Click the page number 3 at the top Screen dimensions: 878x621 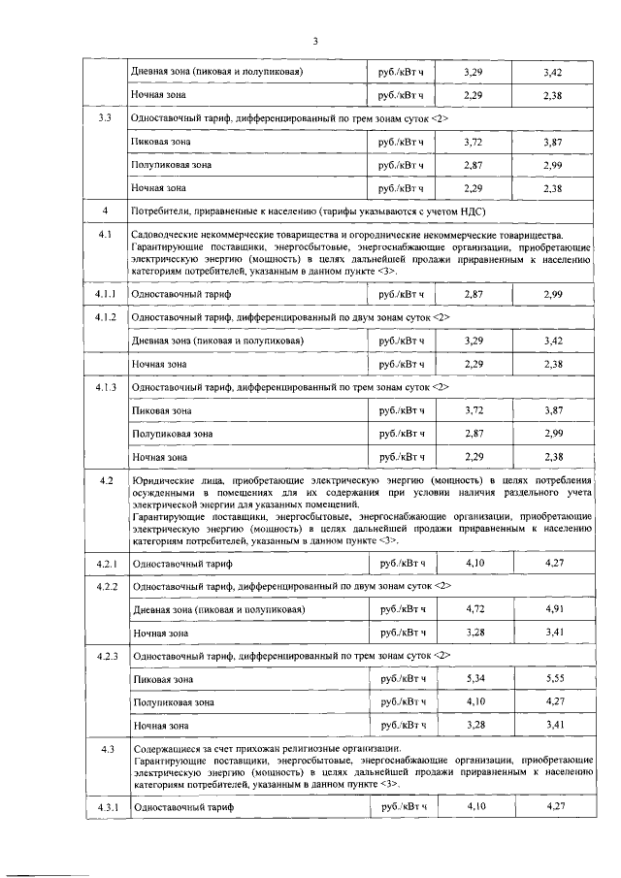coord(316,41)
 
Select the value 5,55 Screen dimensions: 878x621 coord(555,679)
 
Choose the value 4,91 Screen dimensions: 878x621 coord(555,609)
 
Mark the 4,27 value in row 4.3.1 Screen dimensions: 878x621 coord(555,807)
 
